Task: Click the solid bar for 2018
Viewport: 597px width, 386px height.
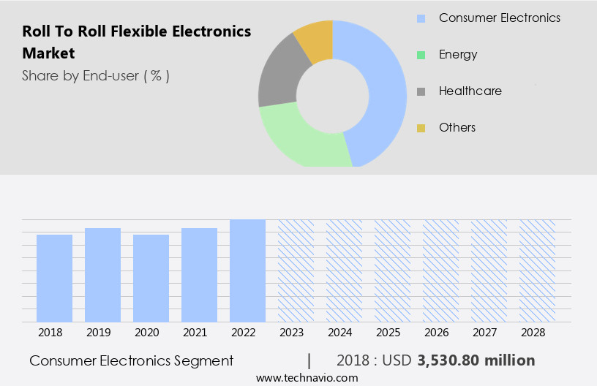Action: (x=54, y=278)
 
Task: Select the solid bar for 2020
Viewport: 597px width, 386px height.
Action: (x=151, y=278)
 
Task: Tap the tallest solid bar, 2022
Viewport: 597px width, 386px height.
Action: (x=247, y=270)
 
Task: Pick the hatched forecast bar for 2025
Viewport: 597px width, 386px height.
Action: (x=392, y=270)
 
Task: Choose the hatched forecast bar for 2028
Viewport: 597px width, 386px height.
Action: (x=537, y=270)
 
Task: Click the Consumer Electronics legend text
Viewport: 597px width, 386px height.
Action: (x=499, y=18)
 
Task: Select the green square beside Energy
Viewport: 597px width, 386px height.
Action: (x=421, y=55)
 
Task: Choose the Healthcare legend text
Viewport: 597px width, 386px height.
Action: (x=470, y=91)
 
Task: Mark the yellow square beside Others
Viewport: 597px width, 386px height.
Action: (x=421, y=128)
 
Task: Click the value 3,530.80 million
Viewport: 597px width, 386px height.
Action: (x=476, y=360)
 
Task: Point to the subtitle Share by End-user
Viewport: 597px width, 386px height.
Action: (x=96, y=75)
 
